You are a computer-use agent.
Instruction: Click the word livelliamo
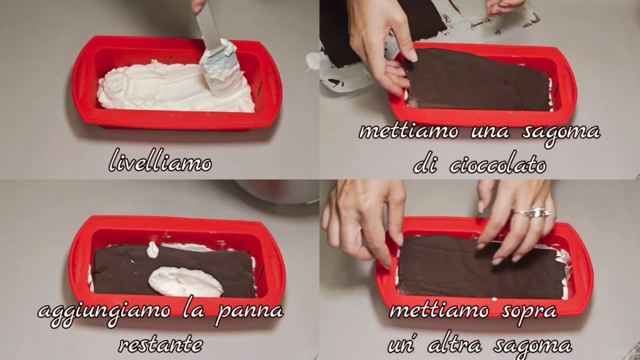point(161,161)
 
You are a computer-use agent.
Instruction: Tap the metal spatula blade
point(210,27)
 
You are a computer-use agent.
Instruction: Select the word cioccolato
point(498,164)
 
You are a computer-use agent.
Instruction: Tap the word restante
point(161,345)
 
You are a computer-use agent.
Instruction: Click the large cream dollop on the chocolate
point(185,282)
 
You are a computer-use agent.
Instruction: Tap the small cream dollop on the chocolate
point(152,249)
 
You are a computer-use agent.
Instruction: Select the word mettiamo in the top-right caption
point(409,132)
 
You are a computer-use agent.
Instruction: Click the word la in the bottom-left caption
point(192,311)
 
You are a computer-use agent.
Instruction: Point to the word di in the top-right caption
point(425,164)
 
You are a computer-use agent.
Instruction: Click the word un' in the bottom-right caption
point(402,346)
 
